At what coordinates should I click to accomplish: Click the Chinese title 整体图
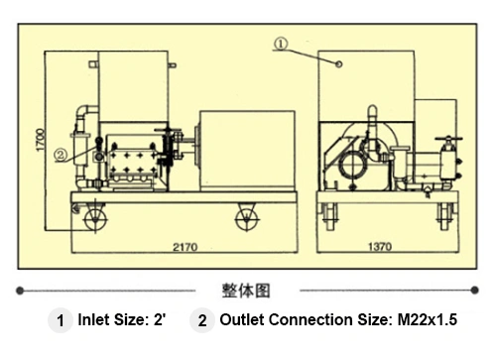point(246,291)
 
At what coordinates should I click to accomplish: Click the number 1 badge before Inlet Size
point(60,321)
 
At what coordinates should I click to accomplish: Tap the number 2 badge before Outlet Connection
point(201,321)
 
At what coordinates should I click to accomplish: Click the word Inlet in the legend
point(94,321)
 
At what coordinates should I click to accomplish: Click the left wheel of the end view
point(325,213)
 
